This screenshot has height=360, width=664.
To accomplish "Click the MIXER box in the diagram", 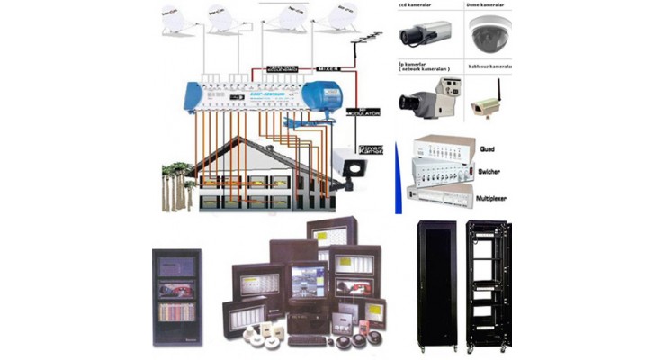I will click(328, 67).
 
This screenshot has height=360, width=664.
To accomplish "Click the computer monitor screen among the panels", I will click(306, 281).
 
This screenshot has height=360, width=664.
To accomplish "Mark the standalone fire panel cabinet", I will click(176, 294).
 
